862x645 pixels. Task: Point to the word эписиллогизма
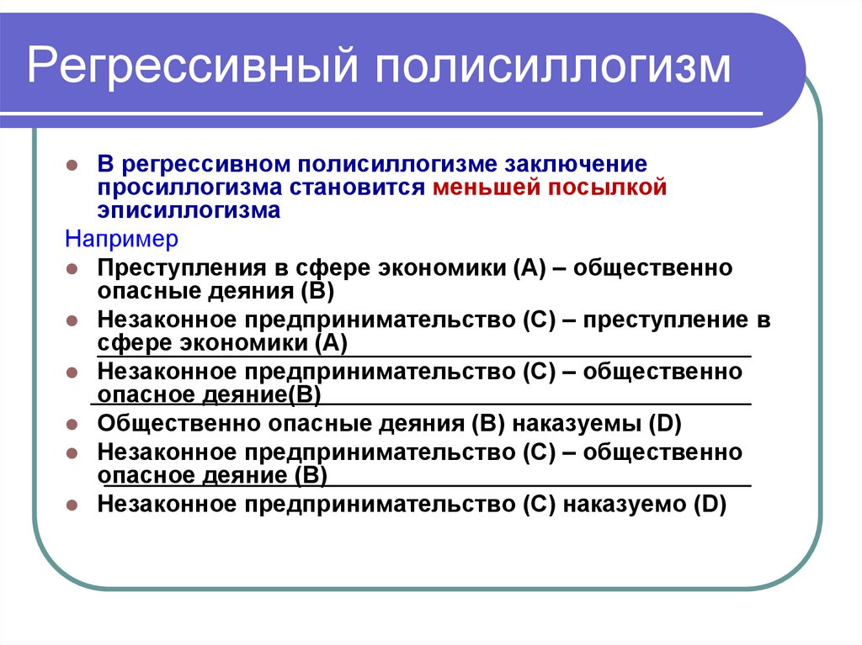click(x=188, y=209)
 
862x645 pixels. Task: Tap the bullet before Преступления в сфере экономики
click(x=72, y=270)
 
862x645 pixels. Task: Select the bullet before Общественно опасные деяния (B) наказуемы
click(x=72, y=424)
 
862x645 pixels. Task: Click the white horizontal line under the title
click(x=396, y=114)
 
